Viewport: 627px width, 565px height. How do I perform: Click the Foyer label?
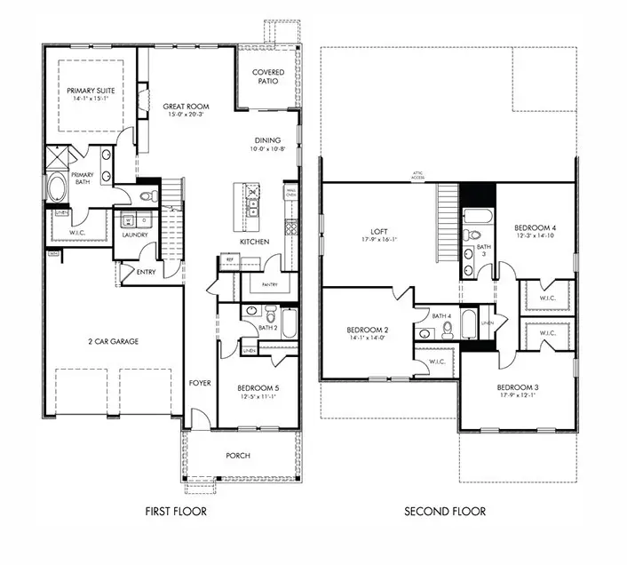[x=201, y=383]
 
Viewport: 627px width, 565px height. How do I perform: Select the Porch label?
[x=238, y=456]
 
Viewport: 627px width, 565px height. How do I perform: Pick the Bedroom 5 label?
[x=258, y=388]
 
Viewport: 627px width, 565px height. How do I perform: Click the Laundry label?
[x=135, y=235]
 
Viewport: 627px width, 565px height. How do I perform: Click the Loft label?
[x=378, y=231]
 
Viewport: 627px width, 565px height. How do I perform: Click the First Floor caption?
[x=177, y=512]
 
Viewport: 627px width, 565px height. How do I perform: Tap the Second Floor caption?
[x=444, y=512]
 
